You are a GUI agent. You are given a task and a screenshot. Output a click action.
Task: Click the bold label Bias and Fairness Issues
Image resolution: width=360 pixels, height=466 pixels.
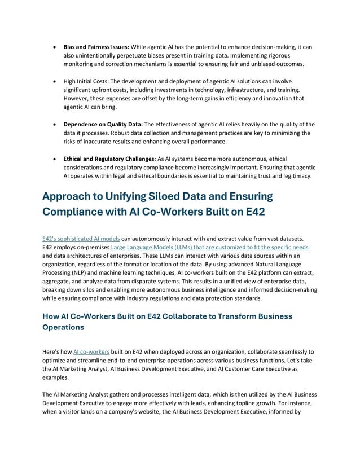click(96, 46)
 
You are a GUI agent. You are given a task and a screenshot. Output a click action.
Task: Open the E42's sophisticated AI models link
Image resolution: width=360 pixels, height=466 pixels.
click(81, 239)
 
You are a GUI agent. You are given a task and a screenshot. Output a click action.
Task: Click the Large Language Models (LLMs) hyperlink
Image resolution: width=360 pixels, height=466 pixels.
click(209, 248)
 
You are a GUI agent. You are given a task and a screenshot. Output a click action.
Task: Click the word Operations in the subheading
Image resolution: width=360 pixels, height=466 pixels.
click(63, 327)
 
